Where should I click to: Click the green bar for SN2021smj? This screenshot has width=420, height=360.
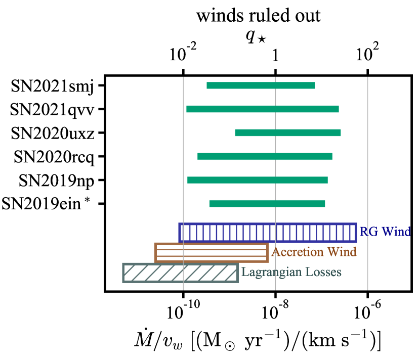pyautogui.click(x=261, y=85)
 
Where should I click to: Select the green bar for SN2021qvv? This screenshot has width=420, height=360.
pyautogui.click(x=262, y=109)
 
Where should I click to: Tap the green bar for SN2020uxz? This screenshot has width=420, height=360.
pyautogui.click(x=287, y=132)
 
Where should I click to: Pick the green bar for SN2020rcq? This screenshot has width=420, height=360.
pyautogui.click(x=265, y=156)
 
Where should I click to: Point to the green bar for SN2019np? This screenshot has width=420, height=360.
pyautogui.click(x=257, y=180)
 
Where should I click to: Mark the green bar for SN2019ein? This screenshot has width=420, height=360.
pyautogui.click(x=267, y=204)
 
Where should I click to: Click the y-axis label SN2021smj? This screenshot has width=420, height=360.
pyautogui.click(x=52, y=85)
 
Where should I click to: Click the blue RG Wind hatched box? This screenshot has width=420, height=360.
pyautogui.click(x=268, y=233)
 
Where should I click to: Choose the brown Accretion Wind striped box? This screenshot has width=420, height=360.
pyautogui.click(x=211, y=253)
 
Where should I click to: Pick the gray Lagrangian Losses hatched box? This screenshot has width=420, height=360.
pyautogui.click(x=180, y=273)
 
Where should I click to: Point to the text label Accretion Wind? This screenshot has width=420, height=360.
pyautogui.click(x=314, y=252)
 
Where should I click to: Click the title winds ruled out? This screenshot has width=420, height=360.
pyautogui.click(x=259, y=16)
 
